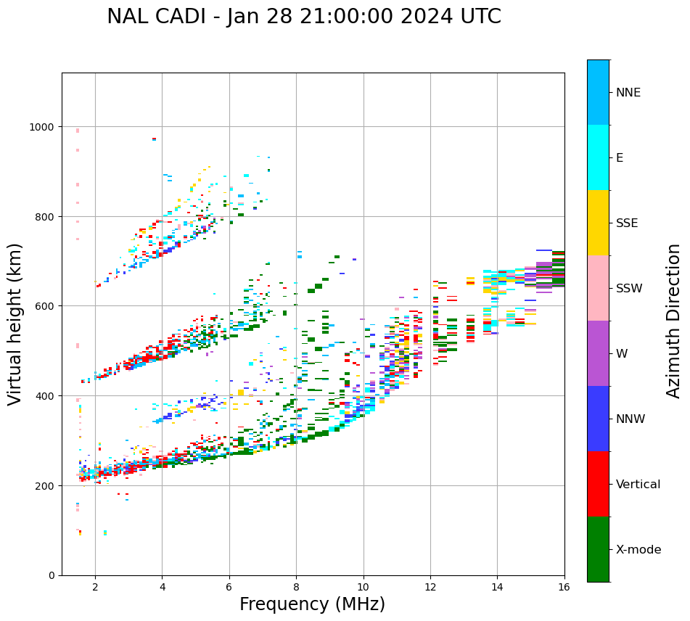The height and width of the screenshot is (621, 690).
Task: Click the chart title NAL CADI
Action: tap(303, 17)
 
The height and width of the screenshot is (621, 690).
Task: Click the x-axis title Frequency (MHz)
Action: tap(312, 604)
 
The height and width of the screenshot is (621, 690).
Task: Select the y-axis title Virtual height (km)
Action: tap(15, 324)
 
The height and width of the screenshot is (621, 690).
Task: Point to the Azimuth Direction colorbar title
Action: tap(674, 321)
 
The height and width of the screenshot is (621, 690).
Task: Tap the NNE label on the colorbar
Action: tap(628, 93)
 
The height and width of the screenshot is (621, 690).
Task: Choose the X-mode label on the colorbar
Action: tap(638, 550)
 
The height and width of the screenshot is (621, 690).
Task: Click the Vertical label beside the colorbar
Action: tap(638, 485)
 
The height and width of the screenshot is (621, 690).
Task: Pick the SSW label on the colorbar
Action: tap(629, 289)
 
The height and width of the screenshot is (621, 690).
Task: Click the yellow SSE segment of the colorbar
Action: tap(598, 223)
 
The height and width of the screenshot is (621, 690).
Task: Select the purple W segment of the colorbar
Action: tap(598, 353)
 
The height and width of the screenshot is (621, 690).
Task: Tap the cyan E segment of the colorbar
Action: tap(598, 157)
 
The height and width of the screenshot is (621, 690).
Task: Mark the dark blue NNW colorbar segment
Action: tap(598, 419)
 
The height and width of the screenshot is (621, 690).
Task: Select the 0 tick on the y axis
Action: tap(52, 575)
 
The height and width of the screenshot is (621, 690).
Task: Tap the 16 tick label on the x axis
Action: tap(564, 588)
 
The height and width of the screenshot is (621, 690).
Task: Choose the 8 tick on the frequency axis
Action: tap(296, 588)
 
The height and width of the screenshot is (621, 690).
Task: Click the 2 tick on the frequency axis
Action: tap(95, 588)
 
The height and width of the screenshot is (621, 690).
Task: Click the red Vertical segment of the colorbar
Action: tap(598, 484)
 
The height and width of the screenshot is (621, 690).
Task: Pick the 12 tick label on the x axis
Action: tap(430, 588)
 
